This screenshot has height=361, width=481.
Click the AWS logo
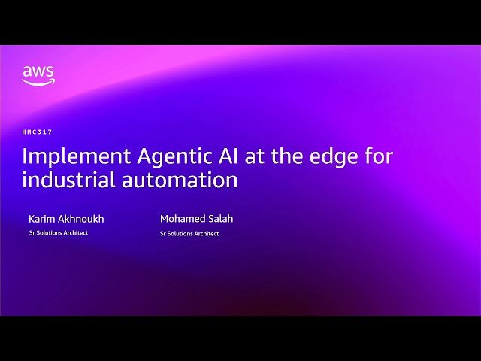tap(38, 75)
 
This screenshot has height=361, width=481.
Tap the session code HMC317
tap(37, 132)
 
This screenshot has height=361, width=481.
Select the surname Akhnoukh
tap(81, 219)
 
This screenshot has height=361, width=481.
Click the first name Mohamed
tap(180, 219)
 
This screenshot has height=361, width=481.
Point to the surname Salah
tap(219, 219)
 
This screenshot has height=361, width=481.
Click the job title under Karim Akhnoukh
tap(58, 233)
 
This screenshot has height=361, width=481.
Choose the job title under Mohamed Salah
tap(189, 234)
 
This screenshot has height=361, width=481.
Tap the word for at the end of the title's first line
tap(378, 157)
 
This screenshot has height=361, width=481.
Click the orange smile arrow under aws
tap(38, 83)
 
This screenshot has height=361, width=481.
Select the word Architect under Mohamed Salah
tap(206, 234)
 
